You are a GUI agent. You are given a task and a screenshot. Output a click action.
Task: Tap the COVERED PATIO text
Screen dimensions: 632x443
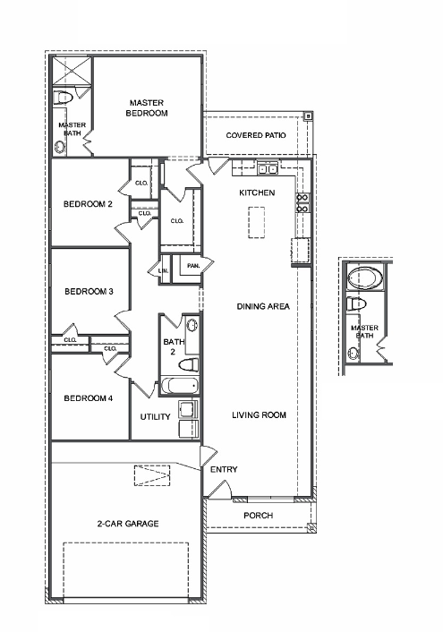(256, 134)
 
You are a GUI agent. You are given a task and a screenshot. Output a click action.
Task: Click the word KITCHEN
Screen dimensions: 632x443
(256, 192)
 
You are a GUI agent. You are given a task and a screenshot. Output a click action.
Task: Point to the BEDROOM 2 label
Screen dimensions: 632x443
(88, 204)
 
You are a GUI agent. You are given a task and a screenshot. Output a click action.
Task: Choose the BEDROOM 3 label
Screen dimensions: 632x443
(88, 291)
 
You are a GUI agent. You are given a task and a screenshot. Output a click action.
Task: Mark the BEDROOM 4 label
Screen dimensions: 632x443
(88, 398)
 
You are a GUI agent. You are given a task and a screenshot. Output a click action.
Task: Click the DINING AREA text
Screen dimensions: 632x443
(262, 307)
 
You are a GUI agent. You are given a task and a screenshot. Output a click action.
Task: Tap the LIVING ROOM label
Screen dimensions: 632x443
(259, 415)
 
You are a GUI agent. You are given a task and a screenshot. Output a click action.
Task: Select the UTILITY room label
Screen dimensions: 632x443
(155, 417)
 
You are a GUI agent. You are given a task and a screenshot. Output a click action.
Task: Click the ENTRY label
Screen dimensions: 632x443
(223, 469)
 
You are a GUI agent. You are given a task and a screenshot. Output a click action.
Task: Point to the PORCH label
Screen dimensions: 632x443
(259, 516)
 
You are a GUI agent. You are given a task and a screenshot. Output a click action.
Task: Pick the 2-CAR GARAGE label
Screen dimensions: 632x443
(128, 523)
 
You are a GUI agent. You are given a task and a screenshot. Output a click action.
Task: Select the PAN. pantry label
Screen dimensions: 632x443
(192, 266)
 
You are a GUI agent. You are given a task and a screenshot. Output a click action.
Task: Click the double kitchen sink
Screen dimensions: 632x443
(267, 169)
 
